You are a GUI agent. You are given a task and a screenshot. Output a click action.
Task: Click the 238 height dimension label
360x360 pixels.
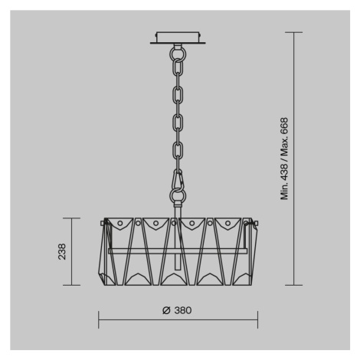[62, 252]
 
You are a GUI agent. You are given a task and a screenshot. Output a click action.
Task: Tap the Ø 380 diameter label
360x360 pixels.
[177, 310]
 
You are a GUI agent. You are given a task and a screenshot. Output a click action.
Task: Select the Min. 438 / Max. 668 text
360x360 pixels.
[284, 159]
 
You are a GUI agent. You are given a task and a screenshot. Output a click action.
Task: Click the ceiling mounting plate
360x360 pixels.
[178, 38]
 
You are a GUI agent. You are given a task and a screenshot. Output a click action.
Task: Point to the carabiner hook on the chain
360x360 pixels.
[178, 180]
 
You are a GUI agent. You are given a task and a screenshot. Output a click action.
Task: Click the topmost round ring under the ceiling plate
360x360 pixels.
[178, 54]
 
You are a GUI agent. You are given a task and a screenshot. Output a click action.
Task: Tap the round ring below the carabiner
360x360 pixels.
[178, 196]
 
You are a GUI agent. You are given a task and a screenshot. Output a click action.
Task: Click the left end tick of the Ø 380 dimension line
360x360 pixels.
[99, 319]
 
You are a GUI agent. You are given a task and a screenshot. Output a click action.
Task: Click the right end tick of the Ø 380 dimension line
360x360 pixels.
[258, 319]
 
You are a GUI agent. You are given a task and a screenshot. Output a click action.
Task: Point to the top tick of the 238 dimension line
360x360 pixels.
[72, 218]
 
